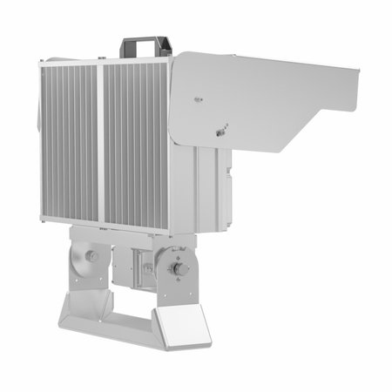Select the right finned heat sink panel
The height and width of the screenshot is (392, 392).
click(x=136, y=144)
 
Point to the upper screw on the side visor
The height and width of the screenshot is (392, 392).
click(x=199, y=99)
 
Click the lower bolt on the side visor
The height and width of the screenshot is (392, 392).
click(x=219, y=132)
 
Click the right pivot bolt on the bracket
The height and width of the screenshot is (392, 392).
click(x=180, y=269)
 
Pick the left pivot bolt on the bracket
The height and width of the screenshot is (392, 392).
click(x=91, y=257)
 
